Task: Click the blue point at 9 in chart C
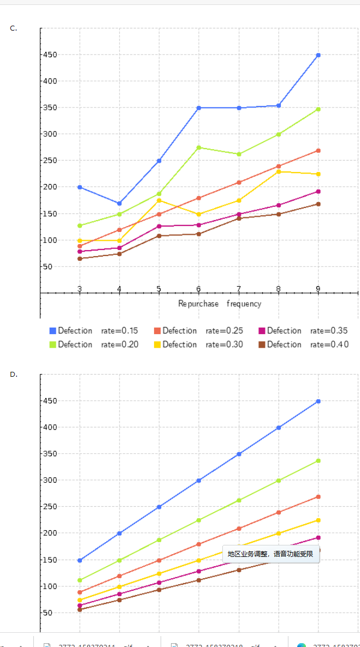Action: pos(318,55)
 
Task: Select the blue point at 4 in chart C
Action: pos(119,204)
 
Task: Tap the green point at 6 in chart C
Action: pos(199,147)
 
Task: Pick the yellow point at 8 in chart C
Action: pos(279,172)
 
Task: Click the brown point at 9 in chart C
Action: pos(318,204)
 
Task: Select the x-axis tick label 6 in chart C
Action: pos(199,289)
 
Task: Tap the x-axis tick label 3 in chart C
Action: pos(80,289)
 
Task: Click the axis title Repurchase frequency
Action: pos(220,304)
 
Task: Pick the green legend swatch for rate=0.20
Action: pos(53,345)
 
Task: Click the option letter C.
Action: pos(13,28)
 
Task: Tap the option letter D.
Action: pos(13,375)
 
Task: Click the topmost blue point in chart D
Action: pos(318,401)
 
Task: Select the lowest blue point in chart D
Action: pos(80,560)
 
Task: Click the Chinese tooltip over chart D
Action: pos(270,554)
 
